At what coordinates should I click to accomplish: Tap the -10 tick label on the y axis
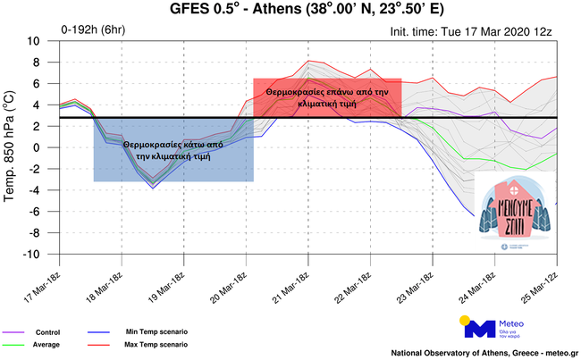click(34, 254)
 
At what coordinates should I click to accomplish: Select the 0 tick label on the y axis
click(41, 147)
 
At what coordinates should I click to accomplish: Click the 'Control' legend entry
click(44, 332)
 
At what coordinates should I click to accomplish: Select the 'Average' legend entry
click(46, 344)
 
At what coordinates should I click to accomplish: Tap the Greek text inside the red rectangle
click(327, 97)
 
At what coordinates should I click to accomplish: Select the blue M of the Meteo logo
click(480, 328)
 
